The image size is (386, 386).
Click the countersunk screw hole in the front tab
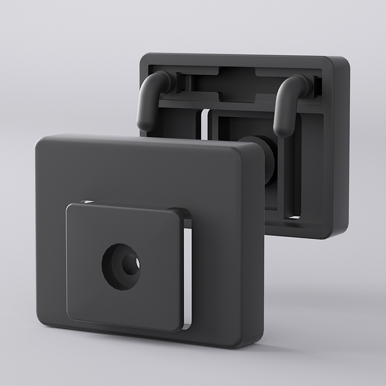121,266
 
